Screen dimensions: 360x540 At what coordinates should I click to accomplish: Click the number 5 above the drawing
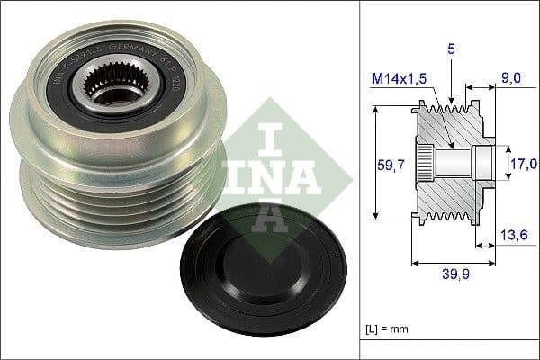(x=449, y=49)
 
